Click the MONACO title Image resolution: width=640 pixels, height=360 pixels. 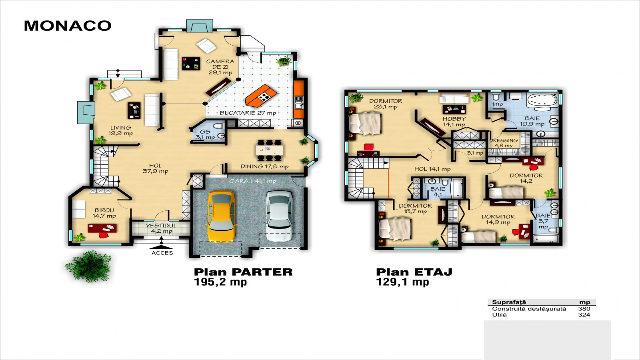[68, 26]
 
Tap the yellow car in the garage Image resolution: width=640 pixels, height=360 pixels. [221, 216]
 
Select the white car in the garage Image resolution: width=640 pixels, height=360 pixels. [280, 216]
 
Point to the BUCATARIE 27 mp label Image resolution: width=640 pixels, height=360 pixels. [248, 113]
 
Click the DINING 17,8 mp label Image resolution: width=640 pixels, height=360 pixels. [264, 166]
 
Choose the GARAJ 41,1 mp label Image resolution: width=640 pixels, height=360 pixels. [253, 181]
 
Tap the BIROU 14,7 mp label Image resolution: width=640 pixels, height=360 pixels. [104, 213]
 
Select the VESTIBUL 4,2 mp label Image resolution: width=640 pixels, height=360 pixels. [161, 228]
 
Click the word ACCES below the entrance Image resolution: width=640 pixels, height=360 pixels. [162, 253]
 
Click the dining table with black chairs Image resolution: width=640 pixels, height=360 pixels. [270, 150]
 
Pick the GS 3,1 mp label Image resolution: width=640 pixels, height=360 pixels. [205, 134]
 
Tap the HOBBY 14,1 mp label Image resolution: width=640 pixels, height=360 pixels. [454, 122]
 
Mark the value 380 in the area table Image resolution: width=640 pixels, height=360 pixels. [584, 309]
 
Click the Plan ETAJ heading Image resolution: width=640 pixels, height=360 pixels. [414, 272]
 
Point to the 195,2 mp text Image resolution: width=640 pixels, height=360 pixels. [220, 282]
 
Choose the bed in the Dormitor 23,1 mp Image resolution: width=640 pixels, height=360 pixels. [366, 123]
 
